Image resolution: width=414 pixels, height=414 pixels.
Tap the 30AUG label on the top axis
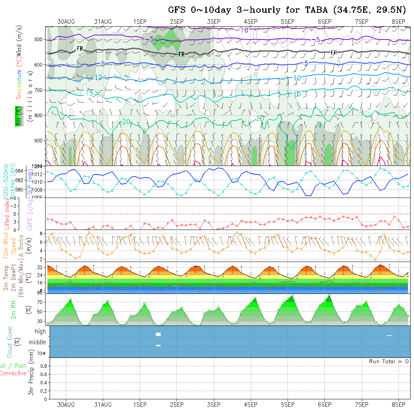click(66, 21)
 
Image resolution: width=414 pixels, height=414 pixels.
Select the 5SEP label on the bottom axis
click(288, 405)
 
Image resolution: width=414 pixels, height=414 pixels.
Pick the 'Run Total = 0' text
click(389, 361)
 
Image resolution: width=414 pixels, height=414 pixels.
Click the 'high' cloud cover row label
click(40, 332)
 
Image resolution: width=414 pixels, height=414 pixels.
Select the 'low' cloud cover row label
click(41, 353)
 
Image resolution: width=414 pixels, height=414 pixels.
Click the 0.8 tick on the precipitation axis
click(43, 365)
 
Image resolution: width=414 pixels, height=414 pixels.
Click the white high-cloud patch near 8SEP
click(389, 336)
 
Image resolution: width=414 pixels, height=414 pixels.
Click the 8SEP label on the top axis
click(398, 21)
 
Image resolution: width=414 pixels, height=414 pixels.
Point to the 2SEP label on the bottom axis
click(177, 405)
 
